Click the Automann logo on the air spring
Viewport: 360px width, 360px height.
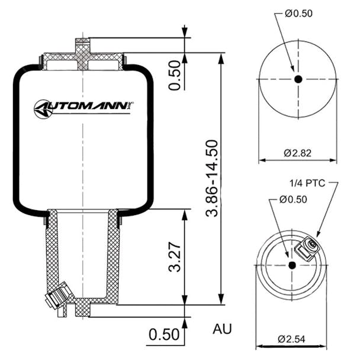tap(83, 108)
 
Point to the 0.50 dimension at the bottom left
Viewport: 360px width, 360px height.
tap(163, 335)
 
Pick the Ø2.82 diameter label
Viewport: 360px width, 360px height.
tap(297, 153)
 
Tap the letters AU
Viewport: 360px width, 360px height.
tap(222, 329)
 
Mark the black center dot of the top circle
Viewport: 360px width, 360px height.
tap(298, 79)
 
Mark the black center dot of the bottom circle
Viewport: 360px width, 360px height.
tap(292, 265)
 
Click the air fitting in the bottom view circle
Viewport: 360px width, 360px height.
tap(308, 247)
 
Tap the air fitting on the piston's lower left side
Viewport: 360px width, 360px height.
tap(60, 295)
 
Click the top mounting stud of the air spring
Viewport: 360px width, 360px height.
tap(82, 46)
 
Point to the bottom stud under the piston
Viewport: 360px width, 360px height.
tap(82, 308)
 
